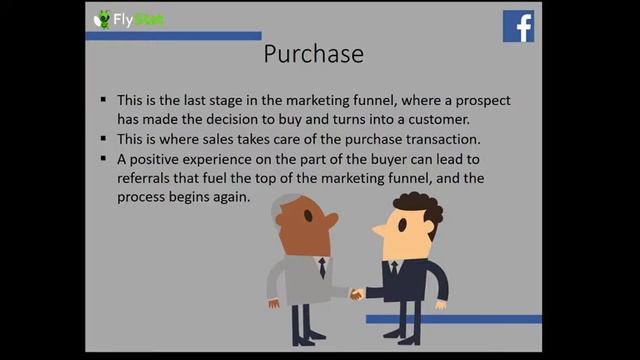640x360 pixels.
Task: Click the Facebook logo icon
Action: click(518, 26)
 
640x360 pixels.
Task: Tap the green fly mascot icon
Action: click(102, 19)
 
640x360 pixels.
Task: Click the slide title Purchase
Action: click(313, 53)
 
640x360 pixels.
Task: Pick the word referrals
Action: click(147, 178)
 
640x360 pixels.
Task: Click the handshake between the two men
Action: click(355, 294)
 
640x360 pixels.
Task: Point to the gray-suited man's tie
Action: click(322, 268)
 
